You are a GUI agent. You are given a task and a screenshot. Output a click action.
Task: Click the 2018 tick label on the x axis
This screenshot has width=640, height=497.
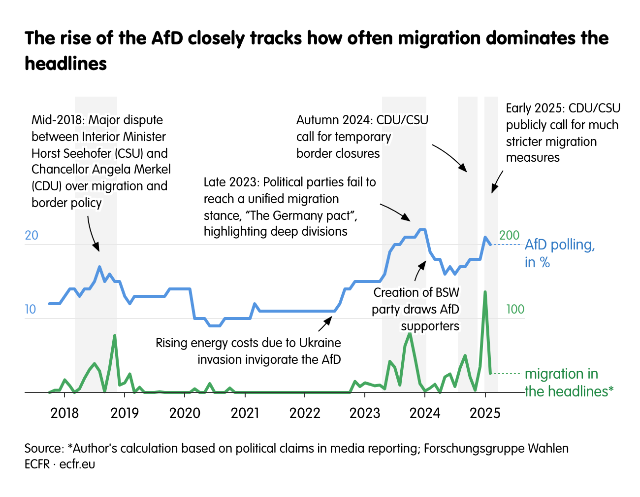coord(64,413)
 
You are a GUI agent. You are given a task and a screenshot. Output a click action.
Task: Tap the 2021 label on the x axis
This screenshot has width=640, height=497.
coord(245,413)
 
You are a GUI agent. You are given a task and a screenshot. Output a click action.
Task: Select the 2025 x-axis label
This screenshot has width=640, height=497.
coord(485,413)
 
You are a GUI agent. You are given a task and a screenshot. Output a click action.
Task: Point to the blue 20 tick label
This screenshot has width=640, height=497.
coord(32,235)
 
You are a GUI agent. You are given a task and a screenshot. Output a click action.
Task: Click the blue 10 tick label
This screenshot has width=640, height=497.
coord(31,309)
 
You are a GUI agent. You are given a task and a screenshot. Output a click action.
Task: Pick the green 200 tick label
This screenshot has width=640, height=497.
coord(509,235)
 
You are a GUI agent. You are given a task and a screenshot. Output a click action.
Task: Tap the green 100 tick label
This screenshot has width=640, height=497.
coord(515,309)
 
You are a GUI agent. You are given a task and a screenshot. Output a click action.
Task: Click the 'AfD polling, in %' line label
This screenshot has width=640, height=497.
coord(560,253)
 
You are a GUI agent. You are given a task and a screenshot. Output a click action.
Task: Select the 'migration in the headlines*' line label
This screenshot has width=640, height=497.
coord(569,382)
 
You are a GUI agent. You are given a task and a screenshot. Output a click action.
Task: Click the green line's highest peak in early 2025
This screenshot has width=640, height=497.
coord(485,292)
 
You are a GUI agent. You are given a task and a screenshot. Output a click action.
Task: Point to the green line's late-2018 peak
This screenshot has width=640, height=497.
coord(115,336)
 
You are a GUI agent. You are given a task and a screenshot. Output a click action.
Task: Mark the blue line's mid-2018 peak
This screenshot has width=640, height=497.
coord(99,267)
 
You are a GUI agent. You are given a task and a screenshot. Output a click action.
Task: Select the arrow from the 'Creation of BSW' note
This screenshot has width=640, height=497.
coord(419,270)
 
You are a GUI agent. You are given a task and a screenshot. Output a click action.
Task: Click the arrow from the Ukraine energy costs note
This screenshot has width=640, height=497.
coord(325,324)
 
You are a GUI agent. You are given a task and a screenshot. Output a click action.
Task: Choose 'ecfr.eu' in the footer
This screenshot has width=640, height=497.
coord(77,464)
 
